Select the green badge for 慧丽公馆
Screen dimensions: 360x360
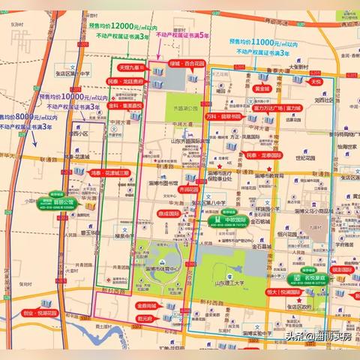tap(64, 202)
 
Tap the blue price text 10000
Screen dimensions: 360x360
tap(67, 96)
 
